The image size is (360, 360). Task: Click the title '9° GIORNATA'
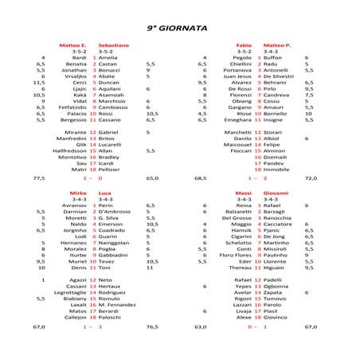click(178, 26)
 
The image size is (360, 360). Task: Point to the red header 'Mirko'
click(79, 194)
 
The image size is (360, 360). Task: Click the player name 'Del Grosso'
click(237, 218)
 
